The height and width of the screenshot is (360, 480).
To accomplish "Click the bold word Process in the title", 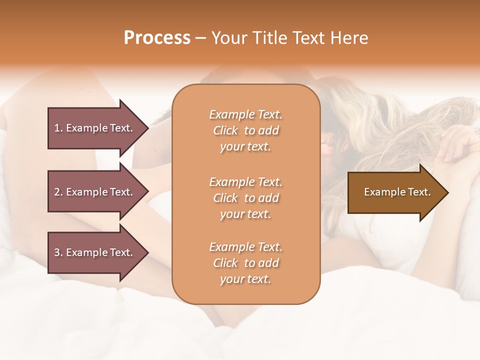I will point(157,38).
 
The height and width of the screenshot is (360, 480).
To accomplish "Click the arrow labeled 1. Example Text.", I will point(95,128).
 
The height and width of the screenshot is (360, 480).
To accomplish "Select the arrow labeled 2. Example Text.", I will point(95,192).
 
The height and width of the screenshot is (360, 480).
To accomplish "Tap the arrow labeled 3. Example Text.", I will point(95,252).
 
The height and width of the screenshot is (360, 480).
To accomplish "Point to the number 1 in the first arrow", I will point(57,128).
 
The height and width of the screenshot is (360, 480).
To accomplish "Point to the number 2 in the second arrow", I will point(57,192).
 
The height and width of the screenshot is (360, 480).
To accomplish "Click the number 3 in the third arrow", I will point(57,252).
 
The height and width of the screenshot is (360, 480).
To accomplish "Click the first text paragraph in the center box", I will point(245,130).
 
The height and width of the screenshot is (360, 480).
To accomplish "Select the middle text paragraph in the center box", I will point(245,198).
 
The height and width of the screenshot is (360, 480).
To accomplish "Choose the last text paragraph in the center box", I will point(245,263).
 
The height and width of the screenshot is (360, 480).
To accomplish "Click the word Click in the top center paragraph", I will point(225,130).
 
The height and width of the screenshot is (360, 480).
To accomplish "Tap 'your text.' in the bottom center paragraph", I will point(245,279).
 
